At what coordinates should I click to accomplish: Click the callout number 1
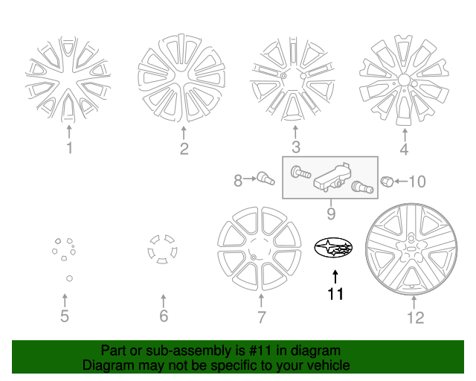[x=69, y=148]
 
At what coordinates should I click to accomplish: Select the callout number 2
[x=184, y=149]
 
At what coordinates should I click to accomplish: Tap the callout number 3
[x=295, y=147]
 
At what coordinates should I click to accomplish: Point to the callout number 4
[x=404, y=149]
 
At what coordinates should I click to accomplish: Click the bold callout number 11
[x=335, y=294]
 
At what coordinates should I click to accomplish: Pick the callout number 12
[x=415, y=318]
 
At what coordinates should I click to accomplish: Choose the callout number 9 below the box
[x=330, y=214]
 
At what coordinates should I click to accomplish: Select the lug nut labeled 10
[x=387, y=181]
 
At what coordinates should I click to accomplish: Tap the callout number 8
[x=238, y=180]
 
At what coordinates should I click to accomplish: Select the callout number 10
[x=416, y=181]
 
